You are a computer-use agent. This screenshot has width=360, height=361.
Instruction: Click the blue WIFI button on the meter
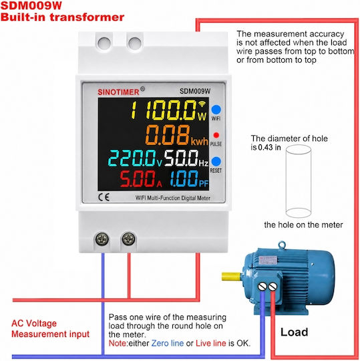tap(216, 110)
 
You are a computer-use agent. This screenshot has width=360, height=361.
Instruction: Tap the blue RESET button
tap(216, 161)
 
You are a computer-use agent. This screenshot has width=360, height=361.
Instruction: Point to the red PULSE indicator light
tap(216, 135)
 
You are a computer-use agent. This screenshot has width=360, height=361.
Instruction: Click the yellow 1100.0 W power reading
tap(169, 110)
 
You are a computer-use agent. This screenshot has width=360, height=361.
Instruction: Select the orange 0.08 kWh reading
tap(177, 135)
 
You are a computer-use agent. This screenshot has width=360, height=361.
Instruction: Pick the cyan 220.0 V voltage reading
tap(135, 158)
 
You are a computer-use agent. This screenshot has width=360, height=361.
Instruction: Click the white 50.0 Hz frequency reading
tap(186, 158)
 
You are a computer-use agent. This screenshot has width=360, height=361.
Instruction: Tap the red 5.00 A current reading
tap(141, 178)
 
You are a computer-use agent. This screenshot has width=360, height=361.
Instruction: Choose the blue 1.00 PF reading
tap(189, 178)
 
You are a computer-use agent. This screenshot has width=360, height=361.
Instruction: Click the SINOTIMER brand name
tap(118, 92)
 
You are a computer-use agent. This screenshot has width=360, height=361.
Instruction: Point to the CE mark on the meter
tap(104, 197)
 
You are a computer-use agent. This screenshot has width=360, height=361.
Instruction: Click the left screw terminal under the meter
tap(102, 239)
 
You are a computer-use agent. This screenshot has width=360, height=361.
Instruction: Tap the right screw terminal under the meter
tap(129, 239)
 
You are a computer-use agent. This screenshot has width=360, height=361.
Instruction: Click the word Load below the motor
tap(294, 332)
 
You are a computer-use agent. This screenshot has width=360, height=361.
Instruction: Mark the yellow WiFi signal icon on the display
tap(202, 104)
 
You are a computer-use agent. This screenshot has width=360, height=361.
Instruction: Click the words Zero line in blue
tap(168, 343)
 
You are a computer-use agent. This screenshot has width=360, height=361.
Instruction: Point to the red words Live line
tap(211, 343)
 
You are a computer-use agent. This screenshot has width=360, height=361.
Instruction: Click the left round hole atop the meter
tap(104, 43)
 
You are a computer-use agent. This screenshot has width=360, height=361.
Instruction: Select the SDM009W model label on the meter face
tap(195, 91)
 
